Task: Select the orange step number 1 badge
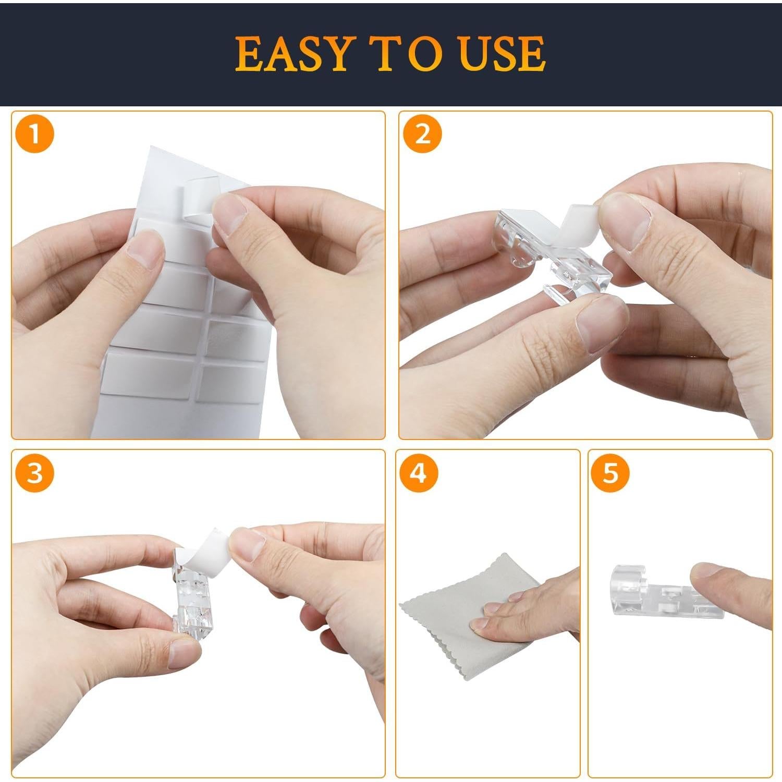tap(34, 135)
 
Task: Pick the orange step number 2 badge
tap(422, 135)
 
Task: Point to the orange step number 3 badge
tap(34, 473)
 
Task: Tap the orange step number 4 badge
tap(419, 473)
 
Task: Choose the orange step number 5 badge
tap(610, 473)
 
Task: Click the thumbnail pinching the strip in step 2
tap(626, 222)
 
